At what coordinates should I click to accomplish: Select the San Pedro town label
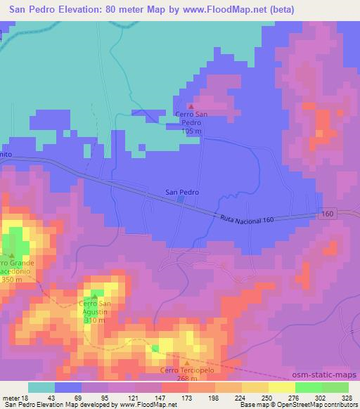coord(182,191)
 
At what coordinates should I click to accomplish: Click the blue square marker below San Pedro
coord(182,200)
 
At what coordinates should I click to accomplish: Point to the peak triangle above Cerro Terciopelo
coord(186,363)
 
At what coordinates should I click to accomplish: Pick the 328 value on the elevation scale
coord(347,397)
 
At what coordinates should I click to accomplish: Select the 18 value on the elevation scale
coord(25,397)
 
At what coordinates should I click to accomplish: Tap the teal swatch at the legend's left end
coord(41,387)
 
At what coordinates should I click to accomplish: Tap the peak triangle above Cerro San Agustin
coord(94,296)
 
